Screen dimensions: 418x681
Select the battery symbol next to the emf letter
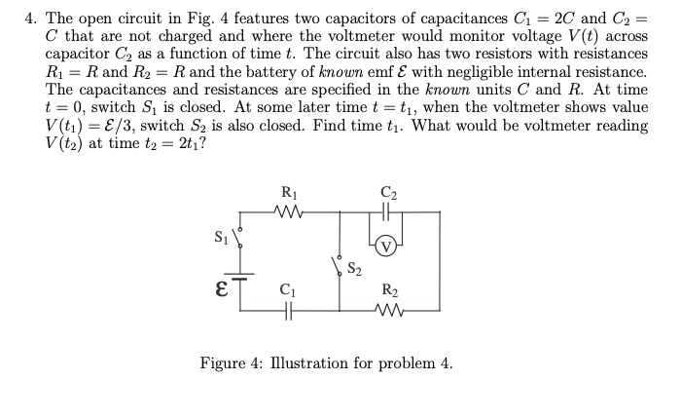(240, 276)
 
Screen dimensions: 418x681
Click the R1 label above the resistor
(289, 192)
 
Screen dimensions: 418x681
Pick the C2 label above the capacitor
(389, 192)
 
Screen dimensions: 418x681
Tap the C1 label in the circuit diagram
(287, 288)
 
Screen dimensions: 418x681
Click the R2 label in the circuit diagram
(389, 289)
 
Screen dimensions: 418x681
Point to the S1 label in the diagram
(219, 236)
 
